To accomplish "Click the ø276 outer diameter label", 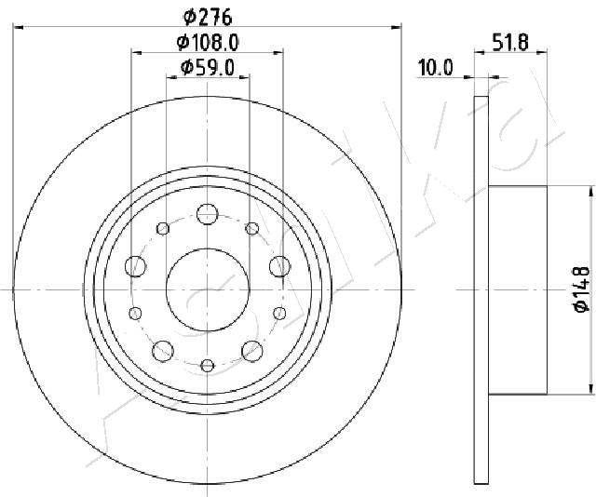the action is point(208,17).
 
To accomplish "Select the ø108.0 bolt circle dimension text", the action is point(208,42).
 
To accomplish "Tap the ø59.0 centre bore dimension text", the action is point(207,68).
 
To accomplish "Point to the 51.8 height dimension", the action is point(510,42).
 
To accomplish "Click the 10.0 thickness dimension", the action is point(436,68).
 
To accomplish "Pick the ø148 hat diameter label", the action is point(581,289).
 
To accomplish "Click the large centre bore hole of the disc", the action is point(208,289).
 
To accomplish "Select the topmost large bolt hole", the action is point(207,214).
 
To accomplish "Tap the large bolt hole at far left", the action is point(135,266).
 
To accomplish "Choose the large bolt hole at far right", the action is point(279,266).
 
